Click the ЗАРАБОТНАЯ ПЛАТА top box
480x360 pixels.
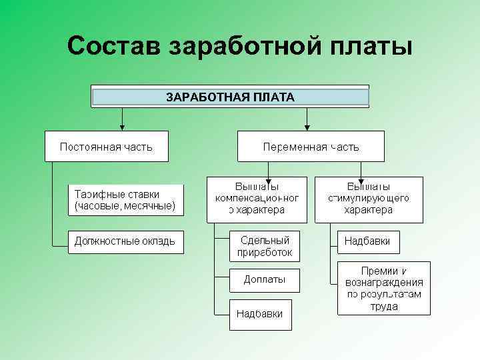[230, 97]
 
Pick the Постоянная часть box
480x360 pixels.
[107, 146]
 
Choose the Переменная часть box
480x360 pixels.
[311, 146]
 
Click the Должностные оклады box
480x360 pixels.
[125, 241]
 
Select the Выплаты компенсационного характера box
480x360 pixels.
[257, 199]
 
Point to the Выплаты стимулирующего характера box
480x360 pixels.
[369, 199]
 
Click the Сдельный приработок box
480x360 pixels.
[265, 246]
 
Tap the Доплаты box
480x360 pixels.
[265, 279]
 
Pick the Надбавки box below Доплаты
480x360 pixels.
[260, 314]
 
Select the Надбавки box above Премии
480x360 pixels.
[368, 241]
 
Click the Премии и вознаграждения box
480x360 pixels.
[383, 288]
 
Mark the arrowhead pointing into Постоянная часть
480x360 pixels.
[121, 126]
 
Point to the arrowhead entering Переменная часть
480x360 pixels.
[307, 126]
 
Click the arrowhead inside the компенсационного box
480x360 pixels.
[268, 180]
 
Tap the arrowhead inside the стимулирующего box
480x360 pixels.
[359, 180]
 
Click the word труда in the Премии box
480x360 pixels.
[384, 307]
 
